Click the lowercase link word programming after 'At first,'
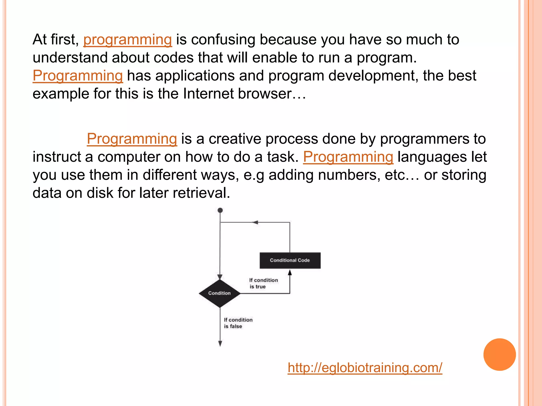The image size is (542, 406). point(128,40)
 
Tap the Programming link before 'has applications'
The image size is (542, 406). point(78,76)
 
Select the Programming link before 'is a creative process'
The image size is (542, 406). point(132,139)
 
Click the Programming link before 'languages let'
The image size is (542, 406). point(348,157)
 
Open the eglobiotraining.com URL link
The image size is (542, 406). point(365,368)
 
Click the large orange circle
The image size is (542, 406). point(499,354)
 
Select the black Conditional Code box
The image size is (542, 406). point(290,260)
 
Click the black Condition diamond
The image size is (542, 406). point(220,293)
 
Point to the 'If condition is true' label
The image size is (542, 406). point(263,283)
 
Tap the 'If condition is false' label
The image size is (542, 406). point(238,323)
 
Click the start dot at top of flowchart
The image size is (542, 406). point(220,210)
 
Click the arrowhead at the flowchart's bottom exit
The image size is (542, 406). point(220,343)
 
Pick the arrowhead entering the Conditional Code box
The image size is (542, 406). point(290,273)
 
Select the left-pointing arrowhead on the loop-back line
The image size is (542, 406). point(255,223)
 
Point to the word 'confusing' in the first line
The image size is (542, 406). point(223,40)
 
